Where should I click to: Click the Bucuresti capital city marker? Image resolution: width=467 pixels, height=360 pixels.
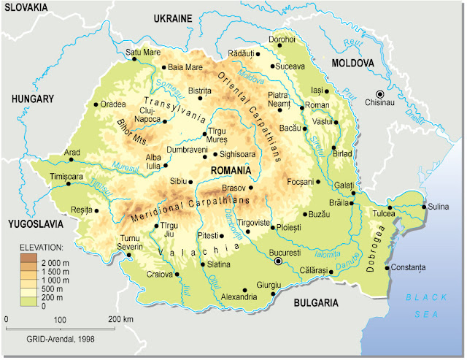click(x=277, y=261)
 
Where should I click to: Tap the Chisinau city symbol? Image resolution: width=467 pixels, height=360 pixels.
click(x=379, y=93)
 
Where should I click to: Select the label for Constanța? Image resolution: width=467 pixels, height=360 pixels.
click(x=408, y=267)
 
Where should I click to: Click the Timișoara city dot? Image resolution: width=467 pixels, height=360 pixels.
click(x=69, y=183)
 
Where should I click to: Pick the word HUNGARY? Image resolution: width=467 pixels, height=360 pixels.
click(x=32, y=99)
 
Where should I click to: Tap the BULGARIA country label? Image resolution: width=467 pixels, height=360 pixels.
click(x=316, y=302)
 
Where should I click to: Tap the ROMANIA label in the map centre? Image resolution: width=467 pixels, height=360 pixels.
click(x=230, y=169)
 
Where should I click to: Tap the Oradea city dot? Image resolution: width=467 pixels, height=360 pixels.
click(x=96, y=104)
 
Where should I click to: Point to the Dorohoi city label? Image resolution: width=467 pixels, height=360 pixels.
click(x=282, y=39)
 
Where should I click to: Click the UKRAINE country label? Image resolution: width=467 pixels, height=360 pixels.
click(x=171, y=18)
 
